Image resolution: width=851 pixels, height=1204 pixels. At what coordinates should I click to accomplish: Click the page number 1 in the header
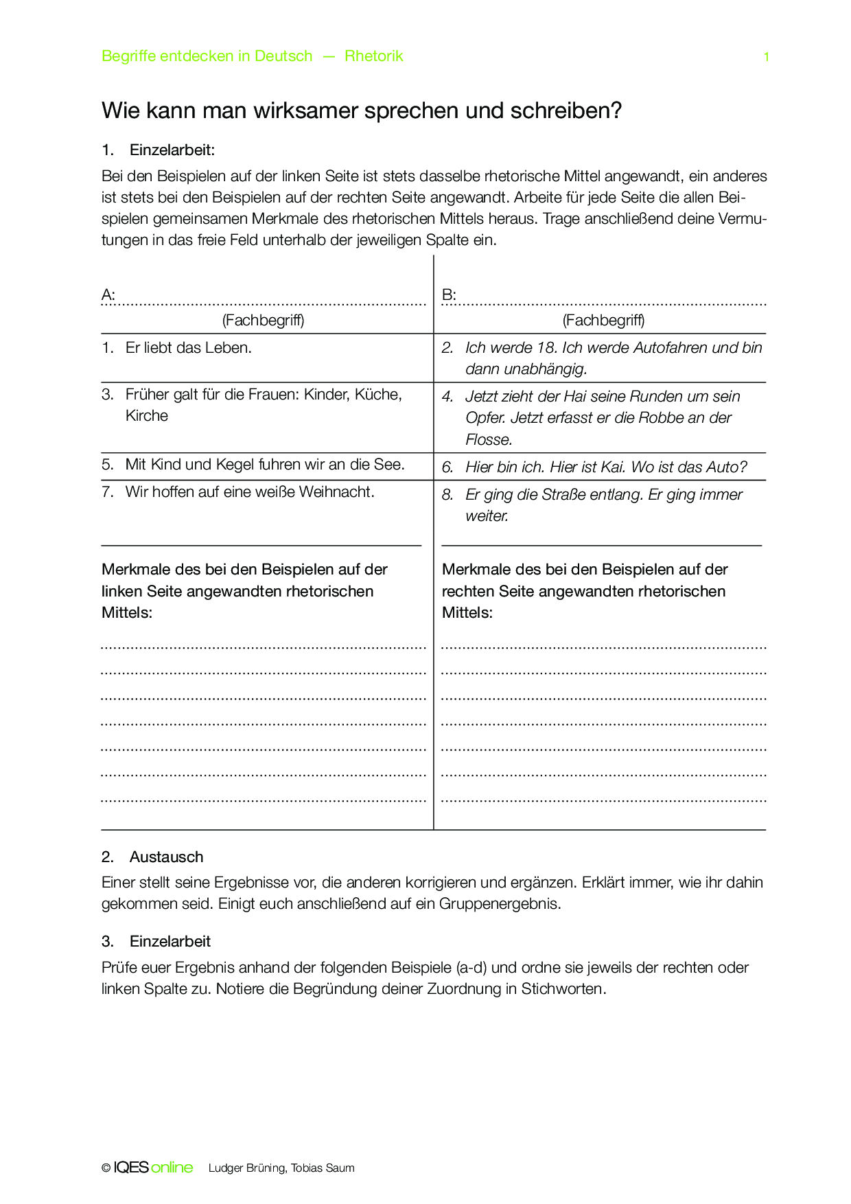(766, 57)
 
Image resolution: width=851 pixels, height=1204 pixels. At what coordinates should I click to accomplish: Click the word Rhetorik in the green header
(373, 56)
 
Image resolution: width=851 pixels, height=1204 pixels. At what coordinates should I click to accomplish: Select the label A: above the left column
(108, 295)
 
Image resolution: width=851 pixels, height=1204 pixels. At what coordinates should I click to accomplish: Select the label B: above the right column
(449, 295)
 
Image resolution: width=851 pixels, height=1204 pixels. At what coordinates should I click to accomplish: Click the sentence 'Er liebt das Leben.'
(188, 348)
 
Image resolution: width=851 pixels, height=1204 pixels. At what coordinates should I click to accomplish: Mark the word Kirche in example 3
(146, 416)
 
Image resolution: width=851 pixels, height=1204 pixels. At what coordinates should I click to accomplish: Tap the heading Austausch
(166, 857)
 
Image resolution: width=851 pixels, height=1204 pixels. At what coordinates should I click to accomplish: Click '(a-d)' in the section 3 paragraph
(471, 968)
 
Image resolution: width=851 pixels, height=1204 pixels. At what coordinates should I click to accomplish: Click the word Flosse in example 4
(488, 440)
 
